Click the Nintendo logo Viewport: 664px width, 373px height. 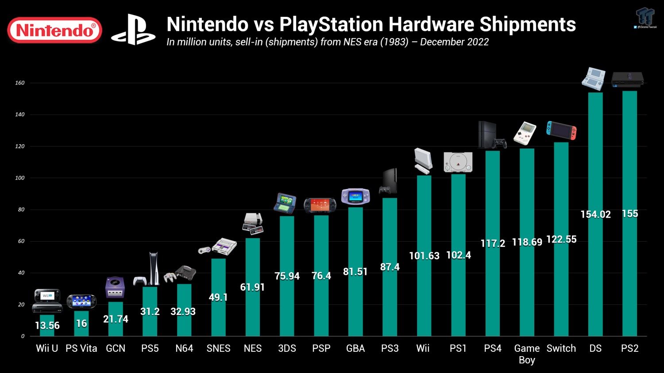[54, 30]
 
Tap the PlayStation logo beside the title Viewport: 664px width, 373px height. [133, 30]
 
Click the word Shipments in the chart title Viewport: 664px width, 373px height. [528, 24]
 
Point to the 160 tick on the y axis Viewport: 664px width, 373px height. [20, 83]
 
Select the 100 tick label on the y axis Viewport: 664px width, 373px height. [20, 178]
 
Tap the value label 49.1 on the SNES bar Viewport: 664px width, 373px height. [218, 297]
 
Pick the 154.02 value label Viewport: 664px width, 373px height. [595, 215]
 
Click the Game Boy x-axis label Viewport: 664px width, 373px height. [527, 354]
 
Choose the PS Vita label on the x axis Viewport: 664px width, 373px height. [81, 348]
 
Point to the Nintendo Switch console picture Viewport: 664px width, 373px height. [561, 131]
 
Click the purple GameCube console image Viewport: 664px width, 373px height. [115, 288]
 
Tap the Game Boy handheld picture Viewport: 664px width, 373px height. [525, 133]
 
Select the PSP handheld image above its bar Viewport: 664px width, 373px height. [320, 205]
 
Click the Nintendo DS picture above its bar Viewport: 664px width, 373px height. [593, 79]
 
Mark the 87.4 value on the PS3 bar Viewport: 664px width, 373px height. [390, 267]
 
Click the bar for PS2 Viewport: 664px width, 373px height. [629, 274]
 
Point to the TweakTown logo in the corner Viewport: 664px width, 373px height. [645, 17]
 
